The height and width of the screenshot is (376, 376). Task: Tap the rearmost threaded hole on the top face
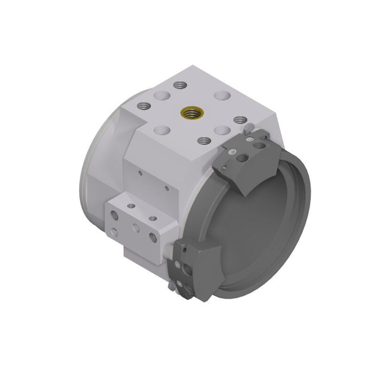point(178,85)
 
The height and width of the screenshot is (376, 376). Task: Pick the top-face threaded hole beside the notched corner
point(143,105)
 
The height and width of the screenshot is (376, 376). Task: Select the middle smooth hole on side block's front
point(136,228)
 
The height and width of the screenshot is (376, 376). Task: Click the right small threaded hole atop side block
point(152,218)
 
